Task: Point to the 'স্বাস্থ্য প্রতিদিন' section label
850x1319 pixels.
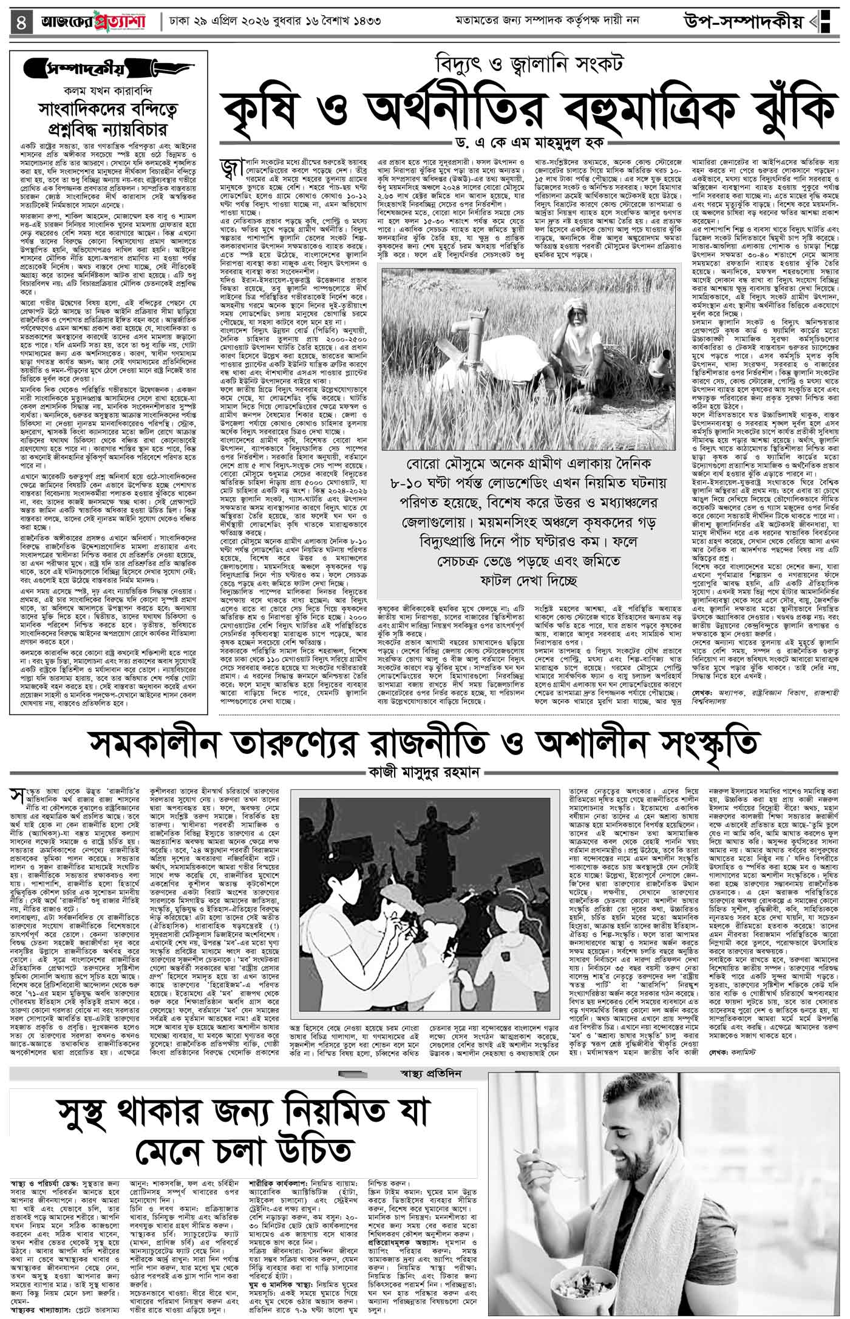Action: click(434, 869)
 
